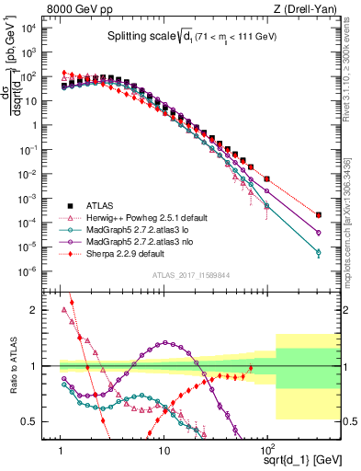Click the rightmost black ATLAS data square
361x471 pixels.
coord(318,215)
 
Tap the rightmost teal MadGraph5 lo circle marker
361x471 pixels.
coord(318,252)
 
